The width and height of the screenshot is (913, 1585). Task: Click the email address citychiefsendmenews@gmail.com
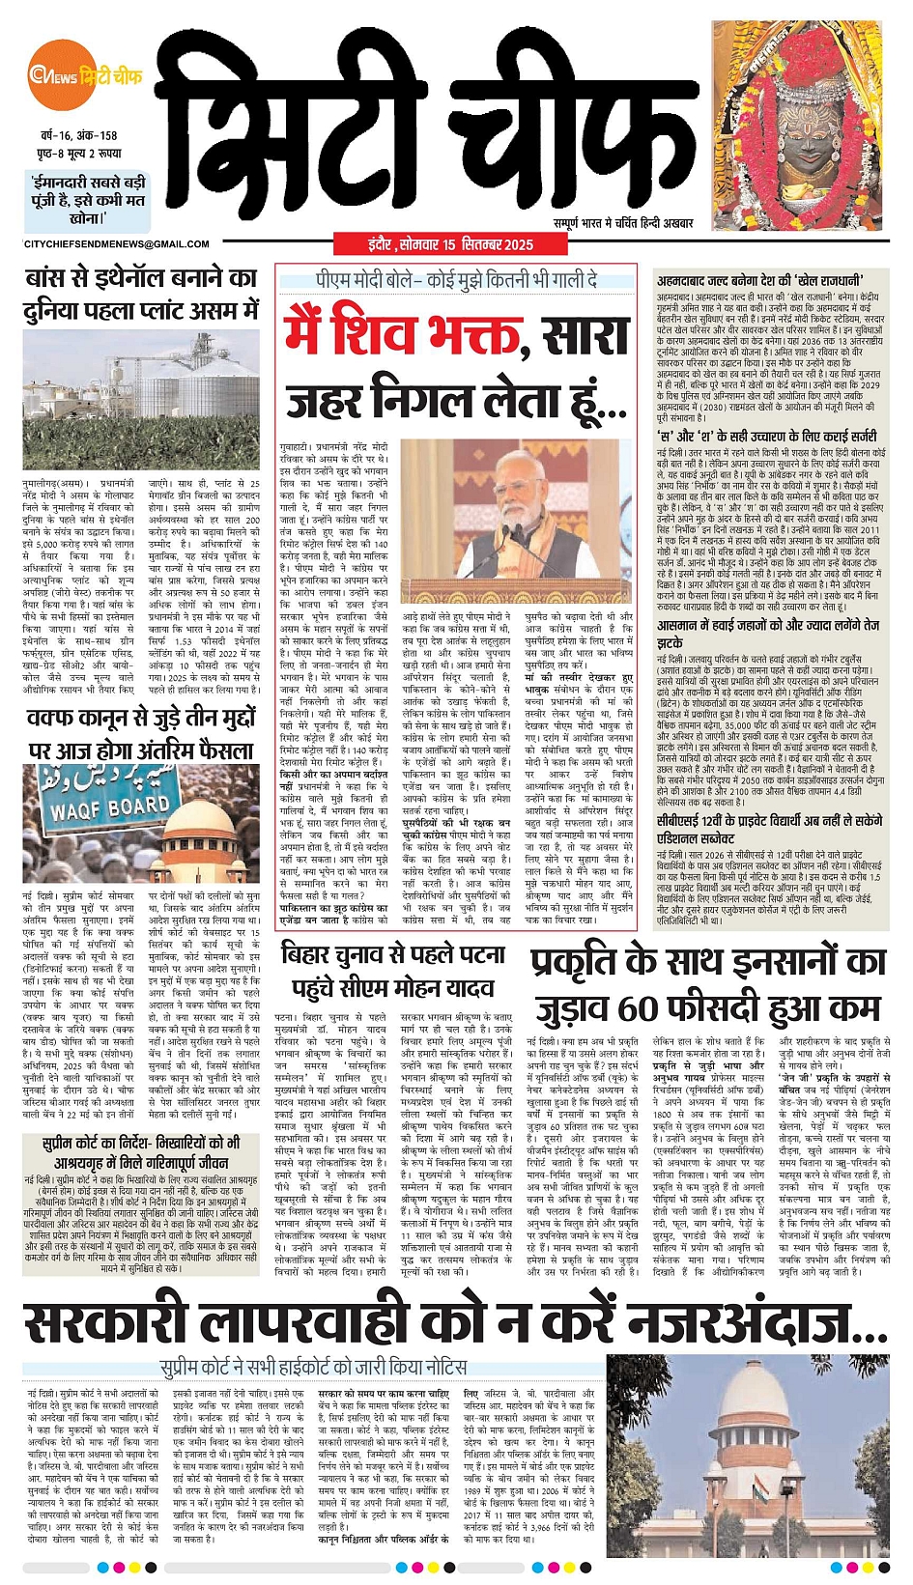tap(116, 244)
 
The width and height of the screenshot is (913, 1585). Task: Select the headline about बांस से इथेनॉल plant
tap(141, 295)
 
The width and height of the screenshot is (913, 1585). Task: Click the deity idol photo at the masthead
tap(797, 126)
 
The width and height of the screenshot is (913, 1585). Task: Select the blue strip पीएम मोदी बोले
tap(456, 280)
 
